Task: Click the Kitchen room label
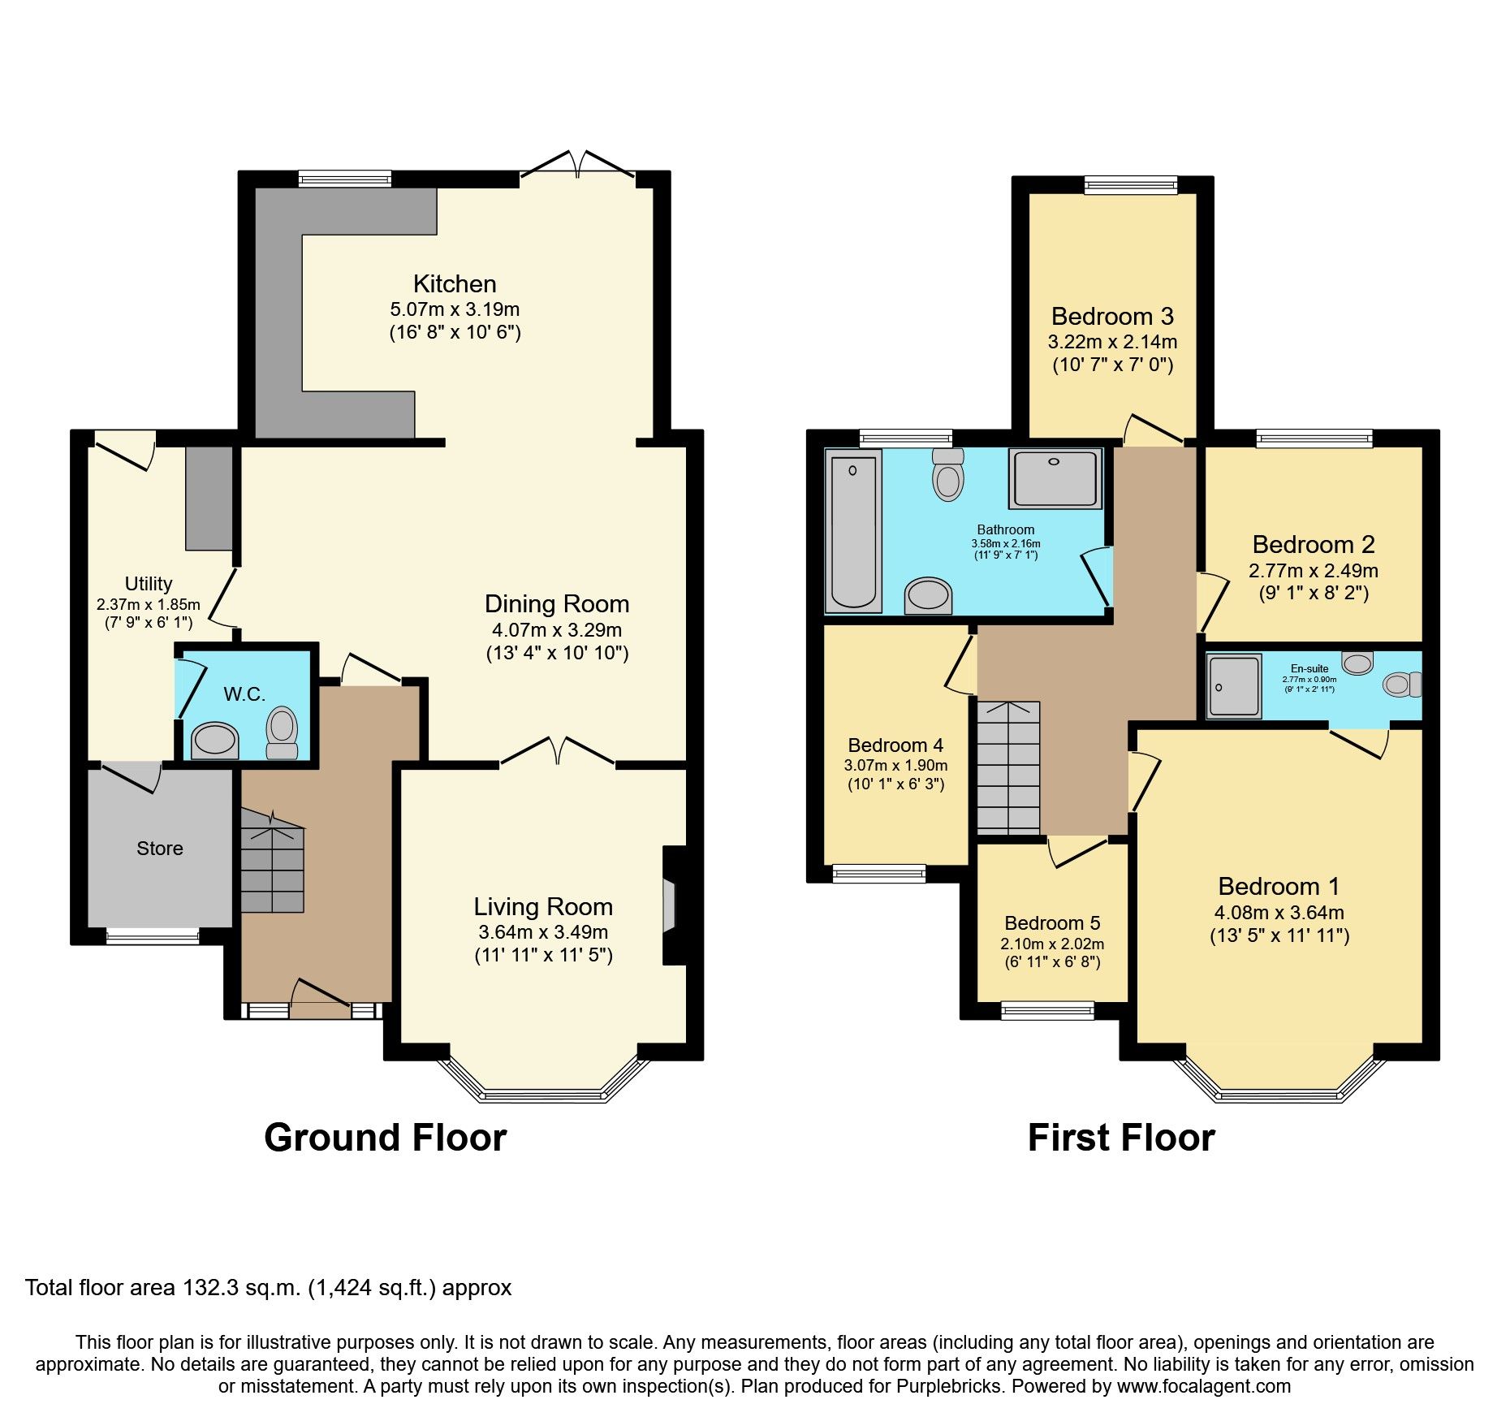pos(455,284)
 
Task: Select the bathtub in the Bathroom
pos(853,532)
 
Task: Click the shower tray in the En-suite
pos(1233,686)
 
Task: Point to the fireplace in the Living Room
pos(670,905)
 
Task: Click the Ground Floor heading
pos(385,1138)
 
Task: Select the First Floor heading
pos(1121,1138)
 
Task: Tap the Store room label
pos(160,849)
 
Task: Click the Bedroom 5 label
pos(1052,923)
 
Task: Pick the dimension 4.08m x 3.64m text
pos(1279,913)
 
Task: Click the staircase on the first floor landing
pos(1008,767)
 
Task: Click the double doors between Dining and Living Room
pos(558,751)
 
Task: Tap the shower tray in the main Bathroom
pos(1055,477)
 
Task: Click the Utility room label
pos(149,584)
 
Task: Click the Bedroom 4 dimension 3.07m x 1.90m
pos(895,765)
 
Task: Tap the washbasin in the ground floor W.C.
pos(215,740)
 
